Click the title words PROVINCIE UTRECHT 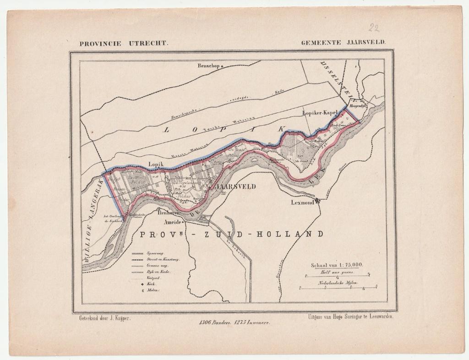(124, 44)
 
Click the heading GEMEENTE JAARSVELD (343, 42)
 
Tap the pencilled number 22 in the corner (374, 28)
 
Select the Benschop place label (209, 65)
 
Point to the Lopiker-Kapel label (320, 112)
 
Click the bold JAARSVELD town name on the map (235, 186)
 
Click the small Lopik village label (156, 163)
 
